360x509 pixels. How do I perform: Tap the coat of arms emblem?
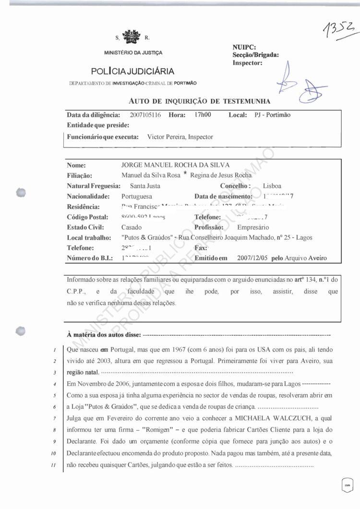click(x=131, y=36)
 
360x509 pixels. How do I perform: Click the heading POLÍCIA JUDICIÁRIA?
click(x=132, y=72)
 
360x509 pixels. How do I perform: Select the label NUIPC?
click(x=244, y=47)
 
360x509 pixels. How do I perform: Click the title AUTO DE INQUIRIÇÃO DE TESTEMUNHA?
click(x=199, y=101)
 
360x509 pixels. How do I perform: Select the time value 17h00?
click(x=203, y=115)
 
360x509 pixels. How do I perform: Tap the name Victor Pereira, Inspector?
click(x=180, y=137)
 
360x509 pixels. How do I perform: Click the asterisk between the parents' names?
click(x=185, y=175)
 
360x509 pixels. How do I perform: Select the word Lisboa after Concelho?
click(x=272, y=186)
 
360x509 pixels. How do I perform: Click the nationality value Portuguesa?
click(x=137, y=196)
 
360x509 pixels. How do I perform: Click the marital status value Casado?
click(x=132, y=228)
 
